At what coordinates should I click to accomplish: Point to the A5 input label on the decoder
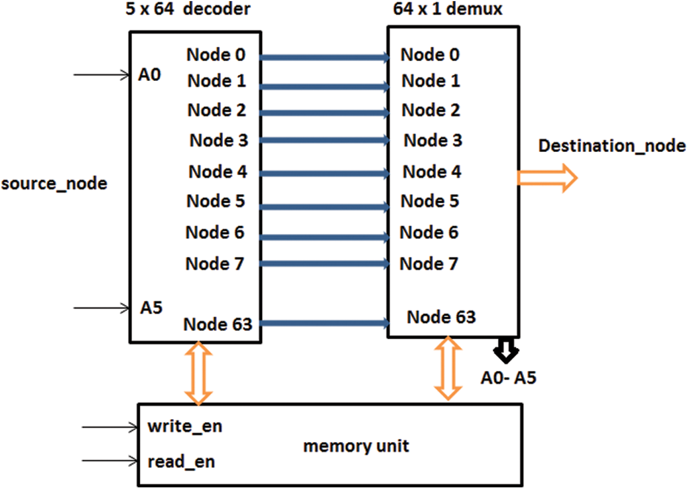point(151,307)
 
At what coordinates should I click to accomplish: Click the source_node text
point(54,183)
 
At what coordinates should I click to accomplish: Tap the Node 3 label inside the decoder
point(219,140)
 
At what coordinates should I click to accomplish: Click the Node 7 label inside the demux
point(428,264)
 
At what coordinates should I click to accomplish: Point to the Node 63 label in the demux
point(441,317)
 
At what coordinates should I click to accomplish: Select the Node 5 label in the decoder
point(216,202)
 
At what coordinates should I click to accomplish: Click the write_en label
point(185,426)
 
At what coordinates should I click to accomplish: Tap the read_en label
point(181,461)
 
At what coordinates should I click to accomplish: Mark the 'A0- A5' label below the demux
point(508,378)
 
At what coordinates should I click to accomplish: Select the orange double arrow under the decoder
point(198,373)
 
